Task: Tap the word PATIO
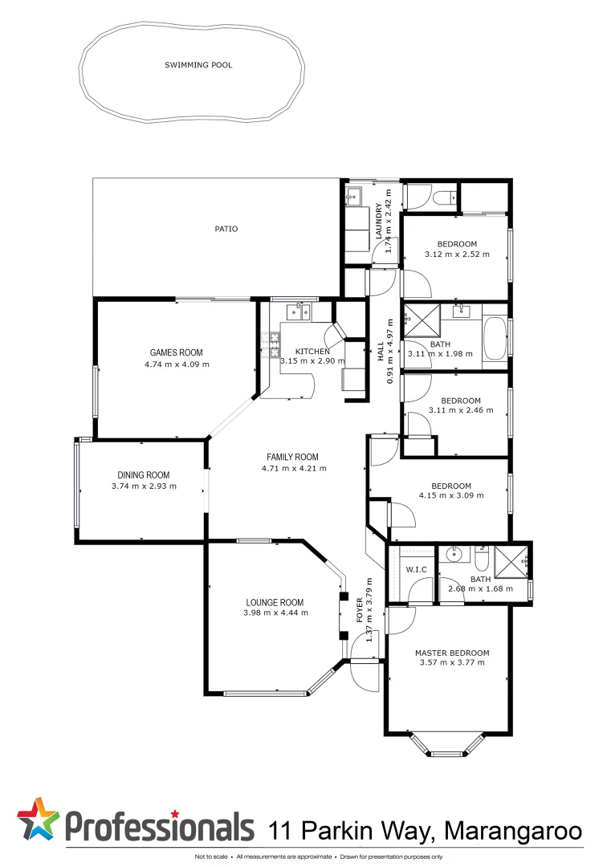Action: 226,229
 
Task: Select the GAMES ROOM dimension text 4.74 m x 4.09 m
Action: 177,364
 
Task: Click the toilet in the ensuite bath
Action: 481,557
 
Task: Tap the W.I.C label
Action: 415,569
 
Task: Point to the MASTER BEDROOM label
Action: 452,653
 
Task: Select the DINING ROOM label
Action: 144,474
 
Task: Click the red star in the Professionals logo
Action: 39,817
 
